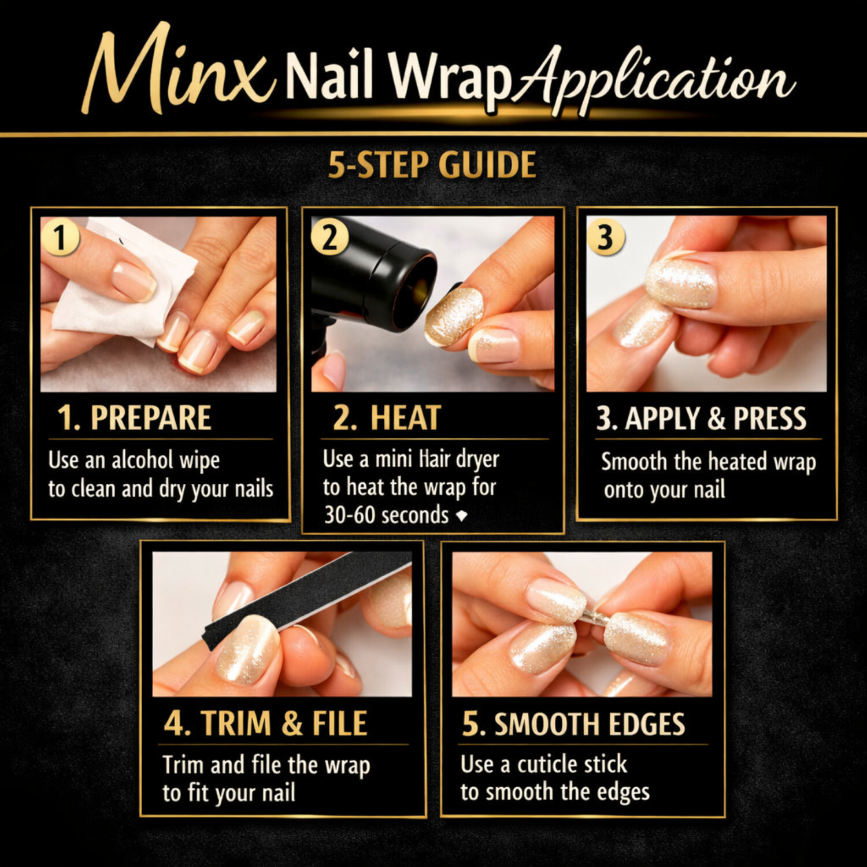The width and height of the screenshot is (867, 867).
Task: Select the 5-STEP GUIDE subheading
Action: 432,165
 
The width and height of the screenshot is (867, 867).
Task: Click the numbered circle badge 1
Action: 60,237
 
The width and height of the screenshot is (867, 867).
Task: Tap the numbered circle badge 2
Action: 329,237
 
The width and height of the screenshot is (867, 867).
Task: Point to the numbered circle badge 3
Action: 605,237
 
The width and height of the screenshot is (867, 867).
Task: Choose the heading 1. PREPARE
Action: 134,418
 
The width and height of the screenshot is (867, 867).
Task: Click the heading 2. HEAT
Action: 387,418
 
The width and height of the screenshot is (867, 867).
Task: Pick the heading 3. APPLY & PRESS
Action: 701,418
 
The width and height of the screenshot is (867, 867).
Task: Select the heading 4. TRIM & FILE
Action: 266,724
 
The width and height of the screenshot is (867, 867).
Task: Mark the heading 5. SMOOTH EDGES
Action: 573,724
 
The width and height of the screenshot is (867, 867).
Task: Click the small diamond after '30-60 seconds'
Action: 461,515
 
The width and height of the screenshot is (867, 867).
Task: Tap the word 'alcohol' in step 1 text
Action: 142,460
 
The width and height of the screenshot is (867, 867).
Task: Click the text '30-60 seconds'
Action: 386,514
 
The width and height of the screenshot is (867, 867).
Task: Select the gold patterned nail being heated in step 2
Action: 454,316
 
